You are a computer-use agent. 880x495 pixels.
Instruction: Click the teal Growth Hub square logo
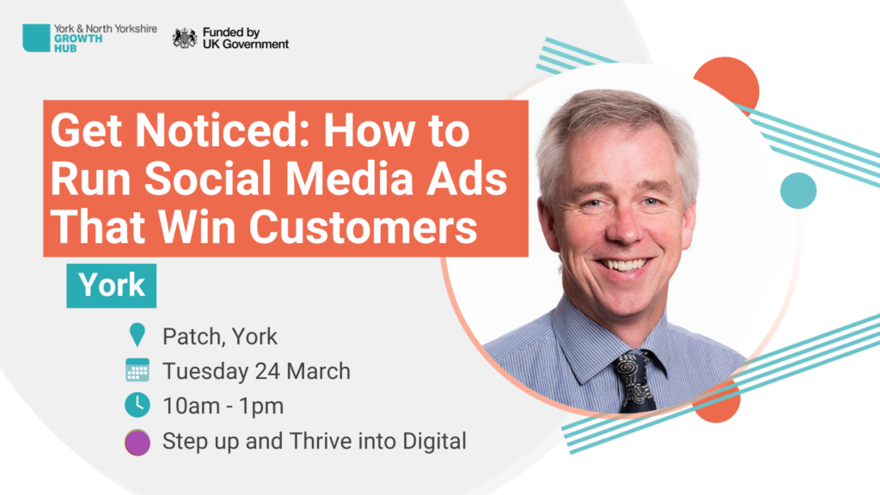pyautogui.click(x=36, y=38)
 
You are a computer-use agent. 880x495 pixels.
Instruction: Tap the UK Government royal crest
pyautogui.click(x=185, y=38)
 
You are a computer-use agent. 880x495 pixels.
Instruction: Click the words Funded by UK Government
pyautogui.click(x=246, y=38)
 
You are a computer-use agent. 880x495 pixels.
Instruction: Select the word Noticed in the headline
pyautogui.click(x=223, y=131)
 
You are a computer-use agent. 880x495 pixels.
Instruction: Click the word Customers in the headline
pyautogui.click(x=364, y=227)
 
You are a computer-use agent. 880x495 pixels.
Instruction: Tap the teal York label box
pyautogui.click(x=111, y=285)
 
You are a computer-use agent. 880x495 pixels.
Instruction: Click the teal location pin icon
pyautogui.click(x=137, y=335)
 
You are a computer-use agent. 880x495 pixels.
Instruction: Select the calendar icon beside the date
pyautogui.click(x=137, y=370)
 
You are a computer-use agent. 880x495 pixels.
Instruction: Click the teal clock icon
pyautogui.click(x=137, y=406)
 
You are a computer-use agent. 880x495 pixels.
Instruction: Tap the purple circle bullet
pyautogui.click(x=137, y=442)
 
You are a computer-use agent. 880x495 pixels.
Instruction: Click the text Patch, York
pyautogui.click(x=220, y=337)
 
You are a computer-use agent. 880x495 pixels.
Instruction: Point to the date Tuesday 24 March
pyautogui.click(x=256, y=371)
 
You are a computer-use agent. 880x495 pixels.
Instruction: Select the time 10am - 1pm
pyautogui.click(x=223, y=406)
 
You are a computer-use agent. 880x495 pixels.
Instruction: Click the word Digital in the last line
pyautogui.click(x=434, y=442)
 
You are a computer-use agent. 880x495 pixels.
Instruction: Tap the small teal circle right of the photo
pyautogui.click(x=798, y=191)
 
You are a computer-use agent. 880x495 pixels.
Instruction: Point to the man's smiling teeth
pyautogui.click(x=625, y=265)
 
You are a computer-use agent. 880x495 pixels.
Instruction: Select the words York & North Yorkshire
pyautogui.click(x=106, y=28)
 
